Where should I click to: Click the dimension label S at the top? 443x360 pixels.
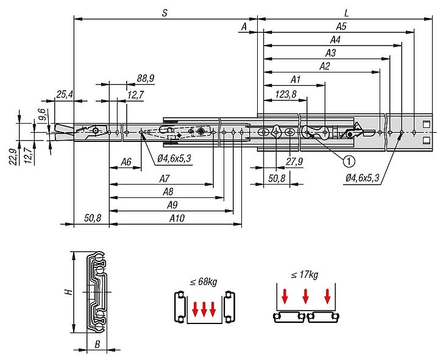165,13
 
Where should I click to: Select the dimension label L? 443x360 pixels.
346,13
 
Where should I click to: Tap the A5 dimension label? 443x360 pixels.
341,27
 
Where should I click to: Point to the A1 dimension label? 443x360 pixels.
296,80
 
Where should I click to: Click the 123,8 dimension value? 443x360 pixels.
286,94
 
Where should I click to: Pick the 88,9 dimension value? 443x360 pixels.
146,78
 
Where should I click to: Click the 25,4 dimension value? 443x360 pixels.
65,94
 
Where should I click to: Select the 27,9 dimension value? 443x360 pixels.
294,161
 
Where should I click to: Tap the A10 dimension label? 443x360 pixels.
177,218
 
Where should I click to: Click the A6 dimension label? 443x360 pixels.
126,162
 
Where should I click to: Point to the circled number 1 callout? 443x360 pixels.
349,161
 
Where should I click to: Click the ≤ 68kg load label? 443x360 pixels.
204,281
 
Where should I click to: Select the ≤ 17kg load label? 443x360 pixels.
304,274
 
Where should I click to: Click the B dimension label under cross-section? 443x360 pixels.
97,345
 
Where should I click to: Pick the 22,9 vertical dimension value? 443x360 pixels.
13,156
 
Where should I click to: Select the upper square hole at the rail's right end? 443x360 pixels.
426,124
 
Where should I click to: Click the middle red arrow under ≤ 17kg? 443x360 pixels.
305,296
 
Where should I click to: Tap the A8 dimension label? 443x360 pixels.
168,192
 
